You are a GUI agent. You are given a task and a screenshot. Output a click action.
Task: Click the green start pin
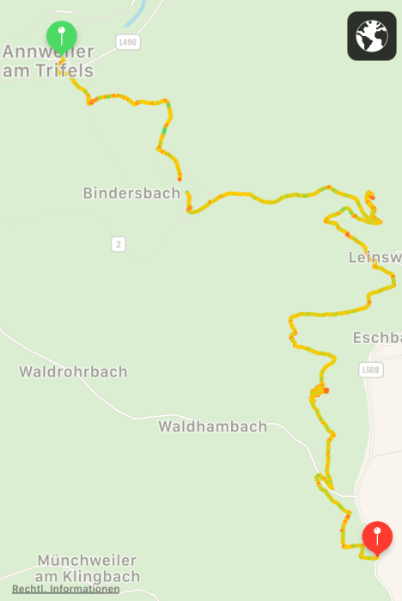click(61, 35)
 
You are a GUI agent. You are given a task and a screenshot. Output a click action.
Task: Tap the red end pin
click(377, 537)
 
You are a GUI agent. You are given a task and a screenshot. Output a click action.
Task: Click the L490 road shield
click(127, 41)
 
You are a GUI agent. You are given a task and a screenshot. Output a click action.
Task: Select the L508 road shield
click(370, 370)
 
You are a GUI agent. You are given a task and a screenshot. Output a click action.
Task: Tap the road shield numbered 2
click(119, 244)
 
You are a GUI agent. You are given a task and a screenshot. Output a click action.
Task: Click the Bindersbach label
click(131, 193)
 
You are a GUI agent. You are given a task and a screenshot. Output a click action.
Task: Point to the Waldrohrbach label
click(73, 371)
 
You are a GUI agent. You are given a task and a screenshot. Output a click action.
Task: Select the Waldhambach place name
click(212, 426)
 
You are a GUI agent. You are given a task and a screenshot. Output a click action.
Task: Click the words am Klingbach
click(88, 576)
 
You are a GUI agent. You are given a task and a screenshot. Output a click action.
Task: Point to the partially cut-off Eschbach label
click(377, 338)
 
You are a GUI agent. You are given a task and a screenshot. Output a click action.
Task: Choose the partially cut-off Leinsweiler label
click(375, 257)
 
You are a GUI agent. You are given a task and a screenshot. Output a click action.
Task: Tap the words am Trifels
click(47, 71)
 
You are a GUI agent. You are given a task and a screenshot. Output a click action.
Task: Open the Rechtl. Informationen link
click(65, 589)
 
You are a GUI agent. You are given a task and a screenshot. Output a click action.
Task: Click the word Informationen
click(84, 589)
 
